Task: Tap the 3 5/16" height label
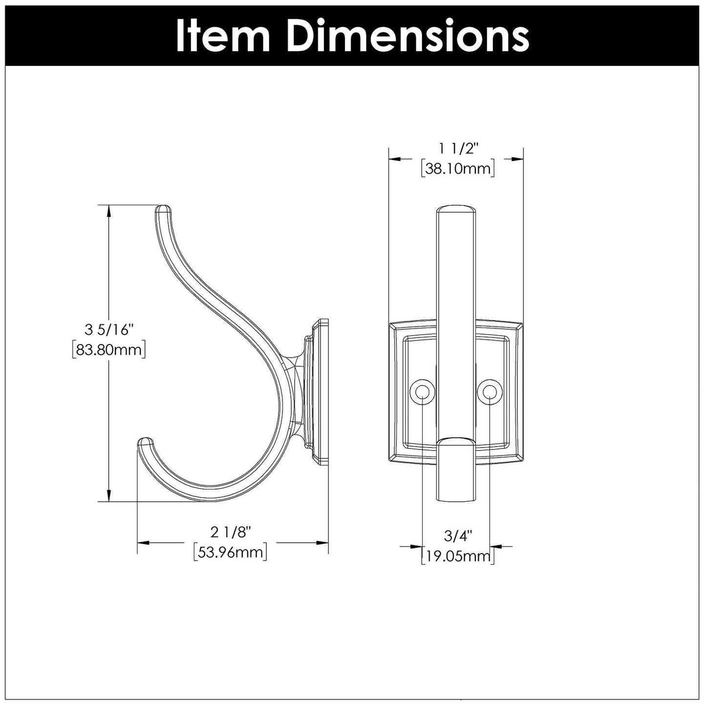109,330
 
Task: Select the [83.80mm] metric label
108,350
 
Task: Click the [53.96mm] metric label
230,552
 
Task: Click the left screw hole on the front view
422,392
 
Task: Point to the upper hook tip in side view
163,210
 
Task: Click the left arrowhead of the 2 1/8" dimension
143,542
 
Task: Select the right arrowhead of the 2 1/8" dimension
322,542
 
